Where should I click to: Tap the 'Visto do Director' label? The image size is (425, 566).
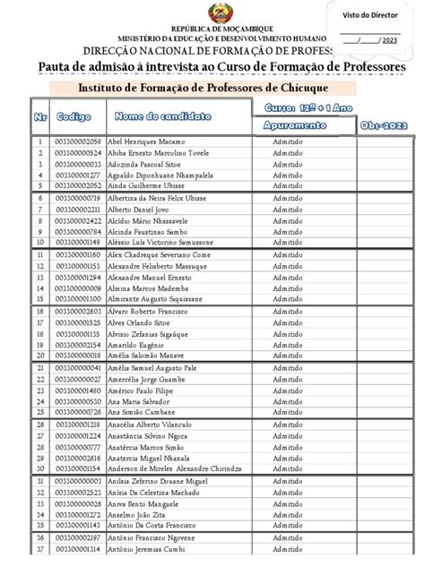369,13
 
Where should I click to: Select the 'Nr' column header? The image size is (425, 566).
40,117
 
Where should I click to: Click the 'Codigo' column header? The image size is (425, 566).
74,117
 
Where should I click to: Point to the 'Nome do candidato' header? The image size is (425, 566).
162,116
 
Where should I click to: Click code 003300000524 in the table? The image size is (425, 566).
78,153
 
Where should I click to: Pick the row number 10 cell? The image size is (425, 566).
40,242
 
